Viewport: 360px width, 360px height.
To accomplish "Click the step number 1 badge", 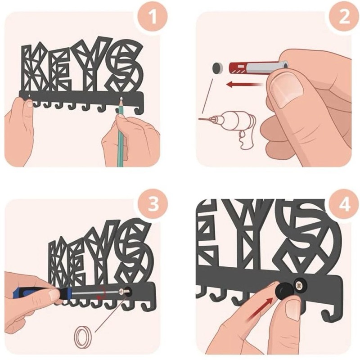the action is tap(153, 17).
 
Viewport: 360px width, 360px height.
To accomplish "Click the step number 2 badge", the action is tap(344, 17).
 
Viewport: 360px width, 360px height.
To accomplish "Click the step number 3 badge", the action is tap(153, 204).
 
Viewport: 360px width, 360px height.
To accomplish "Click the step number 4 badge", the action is tap(344, 204).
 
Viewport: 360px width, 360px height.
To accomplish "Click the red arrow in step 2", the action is tap(244, 85).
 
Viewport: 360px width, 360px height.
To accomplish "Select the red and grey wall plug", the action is tap(259, 67).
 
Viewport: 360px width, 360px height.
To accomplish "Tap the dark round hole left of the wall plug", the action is tap(217, 68).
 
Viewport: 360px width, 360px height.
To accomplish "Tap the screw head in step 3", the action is tap(125, 292).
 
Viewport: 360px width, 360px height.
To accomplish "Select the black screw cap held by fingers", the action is tap(284, 289).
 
